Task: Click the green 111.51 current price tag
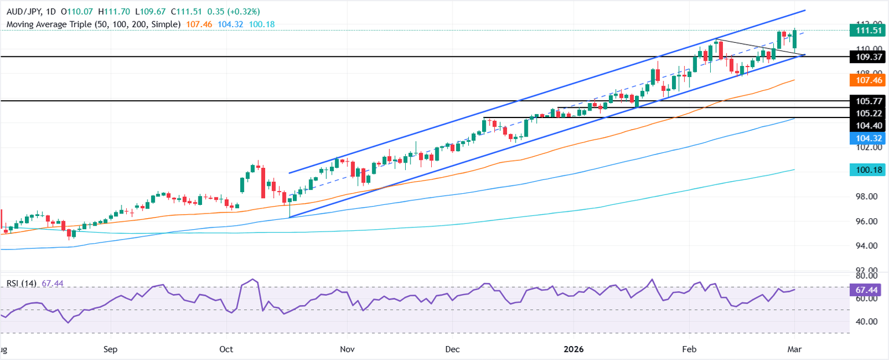click(866, 30)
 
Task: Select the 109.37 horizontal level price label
click(866, 57)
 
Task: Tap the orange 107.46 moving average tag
click(866, 80)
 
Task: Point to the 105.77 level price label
click(866, 101)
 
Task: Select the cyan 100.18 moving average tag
click(866, 170)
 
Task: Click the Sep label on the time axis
click(111, 350)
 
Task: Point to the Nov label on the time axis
click(347, 350)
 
